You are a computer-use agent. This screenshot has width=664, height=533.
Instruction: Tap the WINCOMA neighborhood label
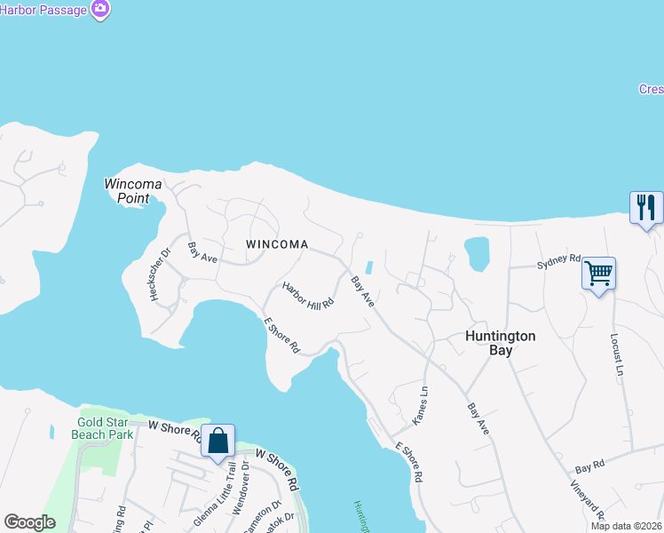coord(278,244)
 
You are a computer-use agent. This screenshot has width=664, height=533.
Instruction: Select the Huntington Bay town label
coord(502,343)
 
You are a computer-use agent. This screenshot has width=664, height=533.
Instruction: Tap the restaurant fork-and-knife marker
coord(645,208)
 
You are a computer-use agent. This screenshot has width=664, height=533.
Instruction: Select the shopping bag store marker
coord(217,440)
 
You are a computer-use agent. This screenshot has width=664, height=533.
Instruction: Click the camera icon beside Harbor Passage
coord(100,9)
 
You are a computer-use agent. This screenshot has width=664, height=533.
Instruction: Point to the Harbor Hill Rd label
coord(308,295)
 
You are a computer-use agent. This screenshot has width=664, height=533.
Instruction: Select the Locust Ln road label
coord(614,354)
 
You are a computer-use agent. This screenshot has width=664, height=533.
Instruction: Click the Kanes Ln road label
coord(422,403)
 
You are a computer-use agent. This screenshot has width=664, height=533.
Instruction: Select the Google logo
coord(29,522)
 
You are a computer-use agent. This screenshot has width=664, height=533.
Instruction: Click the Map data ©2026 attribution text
coord(624,526)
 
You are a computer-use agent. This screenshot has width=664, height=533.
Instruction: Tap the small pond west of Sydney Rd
coord(476,253)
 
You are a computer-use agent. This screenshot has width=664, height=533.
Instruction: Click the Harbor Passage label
coord(44,10)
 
